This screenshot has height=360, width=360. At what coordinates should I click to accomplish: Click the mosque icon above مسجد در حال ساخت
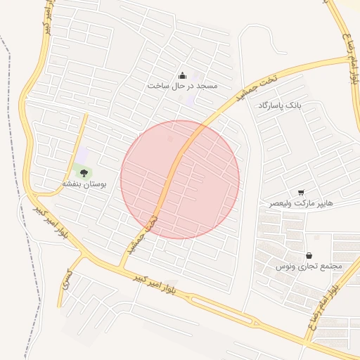pos(183,75)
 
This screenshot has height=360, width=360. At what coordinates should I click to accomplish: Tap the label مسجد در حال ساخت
pos(183,86)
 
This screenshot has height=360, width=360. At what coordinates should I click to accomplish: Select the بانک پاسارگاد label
pos(279,104)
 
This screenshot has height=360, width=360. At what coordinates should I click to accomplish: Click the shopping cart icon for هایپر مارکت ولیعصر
pos(301,192)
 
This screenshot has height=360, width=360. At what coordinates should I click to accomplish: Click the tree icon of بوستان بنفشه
pos(84,172)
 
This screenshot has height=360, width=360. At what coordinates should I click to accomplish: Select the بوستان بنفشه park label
pos(84,184)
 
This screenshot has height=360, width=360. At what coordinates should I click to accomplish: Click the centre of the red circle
pos(180,179)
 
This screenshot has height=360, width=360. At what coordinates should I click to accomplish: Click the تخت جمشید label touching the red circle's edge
pos(141,234)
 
